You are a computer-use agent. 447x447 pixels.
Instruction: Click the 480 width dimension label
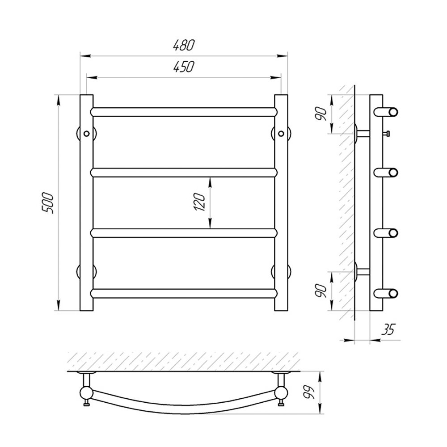[184, 45]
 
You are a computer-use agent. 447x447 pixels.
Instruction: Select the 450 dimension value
[184, 67]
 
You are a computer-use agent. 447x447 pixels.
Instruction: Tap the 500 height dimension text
[48, 203]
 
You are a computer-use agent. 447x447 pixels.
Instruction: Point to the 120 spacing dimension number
[200, 202]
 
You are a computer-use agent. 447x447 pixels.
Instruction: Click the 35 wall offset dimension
[388, 329]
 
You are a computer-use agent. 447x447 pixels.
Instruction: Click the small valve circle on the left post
[86, 133]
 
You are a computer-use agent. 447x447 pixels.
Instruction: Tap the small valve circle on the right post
[281, 133]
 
